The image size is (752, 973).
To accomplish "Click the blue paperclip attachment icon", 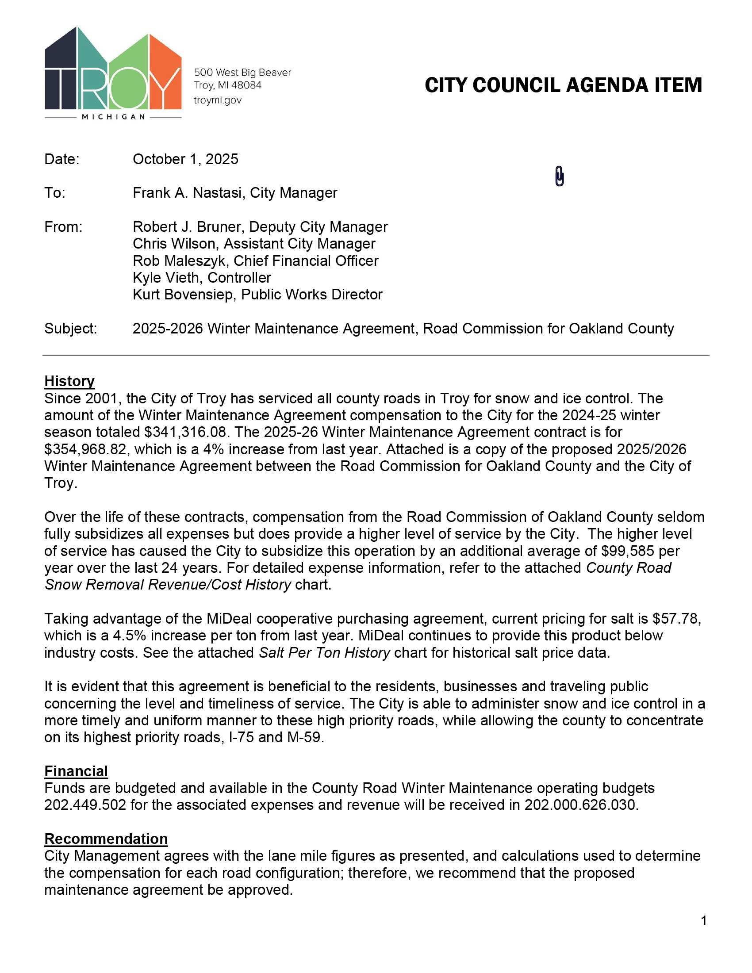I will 560,176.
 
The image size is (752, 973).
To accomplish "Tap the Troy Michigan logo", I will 113,73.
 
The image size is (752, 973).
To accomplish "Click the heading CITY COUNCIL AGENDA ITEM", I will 563,85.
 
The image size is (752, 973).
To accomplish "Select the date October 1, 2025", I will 185,159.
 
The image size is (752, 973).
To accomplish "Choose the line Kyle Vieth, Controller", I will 202,278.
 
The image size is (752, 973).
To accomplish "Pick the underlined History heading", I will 69,381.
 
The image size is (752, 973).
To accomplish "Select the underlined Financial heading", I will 76,771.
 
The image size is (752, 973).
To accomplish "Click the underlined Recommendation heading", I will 106,839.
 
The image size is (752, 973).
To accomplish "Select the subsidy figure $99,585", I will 628,551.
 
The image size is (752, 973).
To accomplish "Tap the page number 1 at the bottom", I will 704,920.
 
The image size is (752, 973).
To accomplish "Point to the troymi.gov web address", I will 217,100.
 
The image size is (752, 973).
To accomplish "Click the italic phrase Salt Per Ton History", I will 324,653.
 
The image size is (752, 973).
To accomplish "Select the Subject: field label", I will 70,328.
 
